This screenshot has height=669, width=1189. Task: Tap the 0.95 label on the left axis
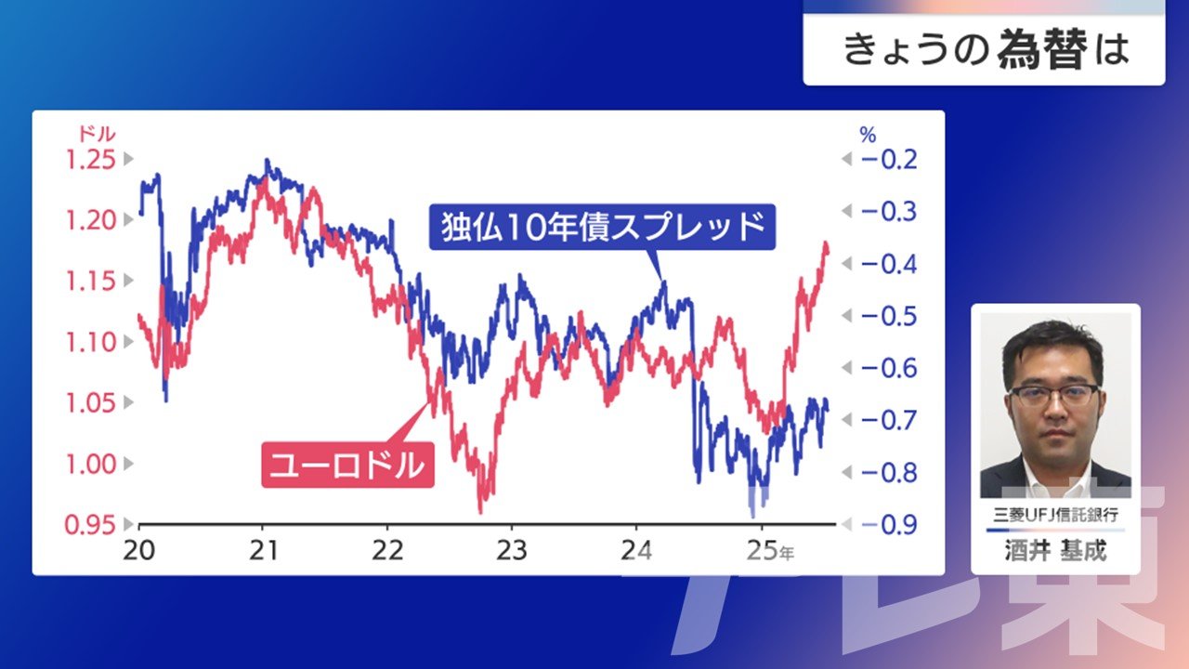[x=90, y=525]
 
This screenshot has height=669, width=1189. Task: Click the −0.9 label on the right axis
[x=889, y=525]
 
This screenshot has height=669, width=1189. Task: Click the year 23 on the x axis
[x=512, y=551]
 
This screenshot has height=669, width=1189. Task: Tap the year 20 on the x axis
[x=139, y=551]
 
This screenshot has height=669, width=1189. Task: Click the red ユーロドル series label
[x=348, y=466]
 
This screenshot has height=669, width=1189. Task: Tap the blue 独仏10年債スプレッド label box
[x=603, y=227]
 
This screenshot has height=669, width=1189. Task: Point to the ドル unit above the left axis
[x=97, y=134]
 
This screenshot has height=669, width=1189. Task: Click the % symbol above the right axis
[x=868, y=135]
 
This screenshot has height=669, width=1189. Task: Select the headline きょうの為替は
[x=986, y=50]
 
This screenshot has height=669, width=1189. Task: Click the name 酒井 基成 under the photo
[x=1055, y=551]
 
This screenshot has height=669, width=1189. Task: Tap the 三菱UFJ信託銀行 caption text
[x=1055, y=515]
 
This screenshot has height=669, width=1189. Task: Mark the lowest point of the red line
[x=481, y=513]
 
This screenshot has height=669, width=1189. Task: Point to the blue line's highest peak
[x=267, y=159]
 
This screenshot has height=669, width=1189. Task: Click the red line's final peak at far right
[x=826, y=243]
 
